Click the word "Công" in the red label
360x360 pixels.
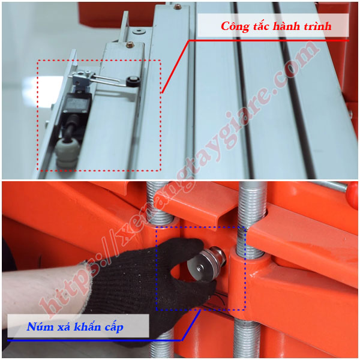pos(235,26)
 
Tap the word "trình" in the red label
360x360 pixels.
pos(317,26)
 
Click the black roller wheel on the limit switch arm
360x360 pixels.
pos(133,82)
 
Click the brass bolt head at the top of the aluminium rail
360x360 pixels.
pos(177,7)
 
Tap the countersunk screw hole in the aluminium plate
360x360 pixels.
pos(139,31)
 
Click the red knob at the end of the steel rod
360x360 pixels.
pos(352,196)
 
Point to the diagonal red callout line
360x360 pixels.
pos(175,67)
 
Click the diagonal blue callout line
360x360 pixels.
pos(191,325)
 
